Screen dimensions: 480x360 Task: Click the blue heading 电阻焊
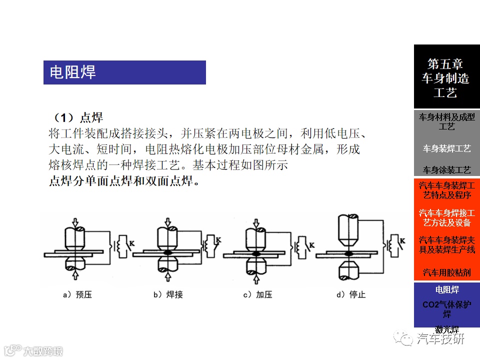pyautogui.click(x=72, y=72)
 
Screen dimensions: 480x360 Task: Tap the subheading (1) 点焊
pyautogui.click(x=78, y=118)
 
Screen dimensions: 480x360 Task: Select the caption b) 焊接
pyautogui.click(x=168, y=294)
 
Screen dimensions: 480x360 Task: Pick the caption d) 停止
pyautogui.click(x=351, y=294)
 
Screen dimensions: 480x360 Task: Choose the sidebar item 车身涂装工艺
pyautogui.click(x=447, y=170)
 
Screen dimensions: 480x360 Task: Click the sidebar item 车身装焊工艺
pyautogui.click(x=447, y=148)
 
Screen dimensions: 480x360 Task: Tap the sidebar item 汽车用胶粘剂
pyautogui.click(x=447, y=272)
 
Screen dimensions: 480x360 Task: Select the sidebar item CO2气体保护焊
pyautogui.click(x=447, y=309)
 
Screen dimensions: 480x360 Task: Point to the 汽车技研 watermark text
pyautogui.click(x=440, y=338)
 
